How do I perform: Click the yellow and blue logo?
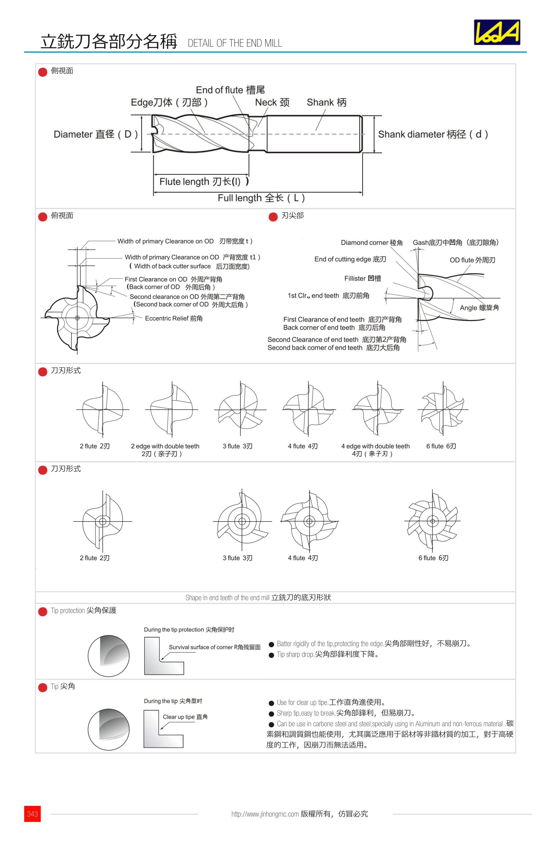[497, 32]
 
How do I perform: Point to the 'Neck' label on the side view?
[272, 103]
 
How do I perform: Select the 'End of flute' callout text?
[230, 90]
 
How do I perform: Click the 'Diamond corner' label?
[371, 243]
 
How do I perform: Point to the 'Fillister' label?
[362, 278]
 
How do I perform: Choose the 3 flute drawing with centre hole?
[242, 521]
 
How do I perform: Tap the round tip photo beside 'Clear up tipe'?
[108, 729]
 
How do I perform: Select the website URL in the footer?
[265, 814]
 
